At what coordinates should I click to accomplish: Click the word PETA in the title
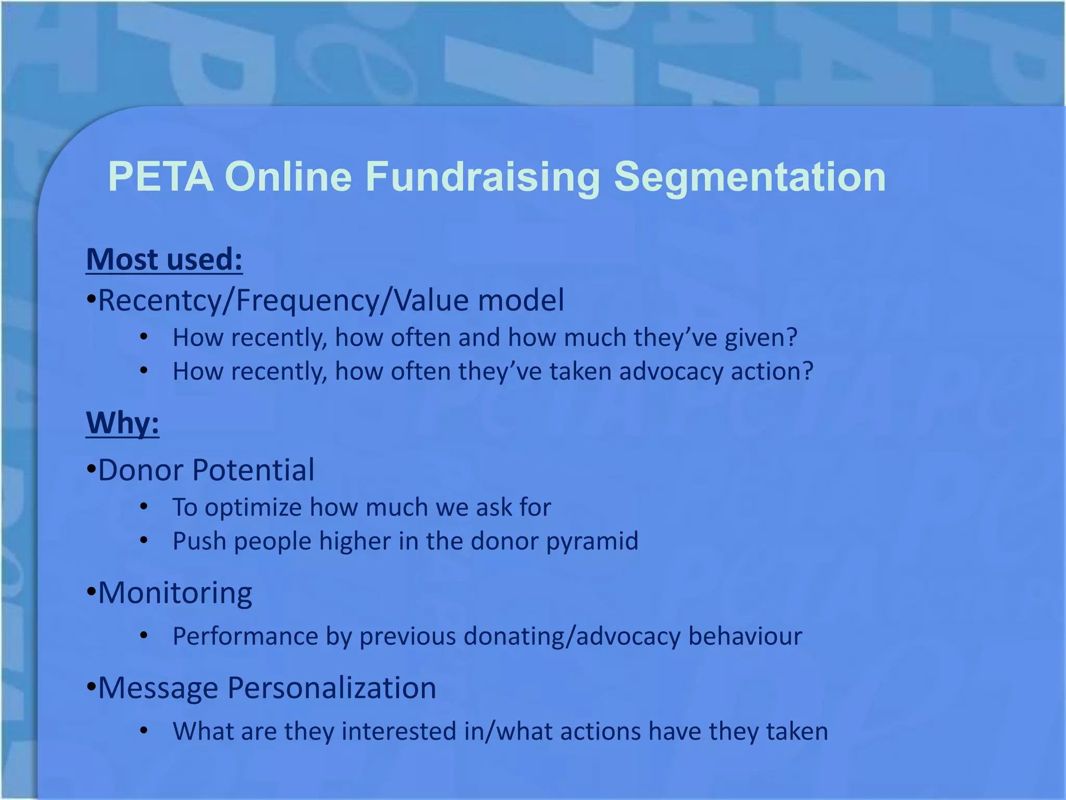point(160,177)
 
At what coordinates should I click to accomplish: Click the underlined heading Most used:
point(164,259)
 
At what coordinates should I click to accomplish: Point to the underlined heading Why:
point(123,422)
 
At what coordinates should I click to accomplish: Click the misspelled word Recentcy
point(160,301)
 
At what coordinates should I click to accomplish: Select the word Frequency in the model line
point(308,301)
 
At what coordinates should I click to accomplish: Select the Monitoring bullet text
point(175,593)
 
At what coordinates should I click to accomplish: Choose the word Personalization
point(332,688)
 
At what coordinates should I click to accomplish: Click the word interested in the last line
point(398,731)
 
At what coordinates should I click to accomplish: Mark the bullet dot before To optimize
point(144,507)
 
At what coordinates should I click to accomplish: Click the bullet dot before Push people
point(144,541)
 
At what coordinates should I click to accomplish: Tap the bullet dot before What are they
point(144,731)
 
